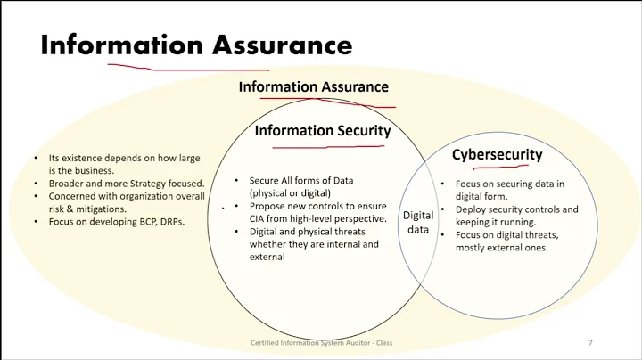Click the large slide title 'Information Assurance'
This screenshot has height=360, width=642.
(x=196, y=45)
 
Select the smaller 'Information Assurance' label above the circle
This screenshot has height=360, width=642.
(x=313, y=87)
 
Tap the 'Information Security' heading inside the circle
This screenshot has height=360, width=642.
(x=323, y=131)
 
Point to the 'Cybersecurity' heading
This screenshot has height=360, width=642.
(x=497, y=154)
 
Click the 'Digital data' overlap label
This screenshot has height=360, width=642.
(x=418, y=222)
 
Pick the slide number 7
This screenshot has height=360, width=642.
(x=590, y=343)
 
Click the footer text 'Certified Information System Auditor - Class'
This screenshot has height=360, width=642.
(x=321, y=343)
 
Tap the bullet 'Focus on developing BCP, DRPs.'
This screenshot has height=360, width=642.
(x=117, y=221)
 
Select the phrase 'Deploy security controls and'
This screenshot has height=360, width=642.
(x=516, y=210)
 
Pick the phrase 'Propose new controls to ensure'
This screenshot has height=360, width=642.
(x=317, y=205)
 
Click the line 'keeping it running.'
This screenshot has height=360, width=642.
(x=496, y=223)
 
